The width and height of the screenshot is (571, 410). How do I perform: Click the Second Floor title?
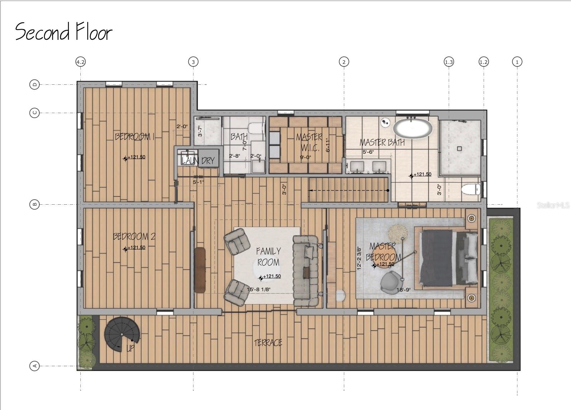point(64,32)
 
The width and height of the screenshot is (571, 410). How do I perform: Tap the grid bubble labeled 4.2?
point(81,62)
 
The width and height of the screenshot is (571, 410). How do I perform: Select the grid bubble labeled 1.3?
point(449,62)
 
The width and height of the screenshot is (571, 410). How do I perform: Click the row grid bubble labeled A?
point(34,366)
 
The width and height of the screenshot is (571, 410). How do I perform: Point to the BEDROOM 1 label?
point(135,137)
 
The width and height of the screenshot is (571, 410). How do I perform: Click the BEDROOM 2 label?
point(134,237)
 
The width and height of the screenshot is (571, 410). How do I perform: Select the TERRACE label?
point(268,343)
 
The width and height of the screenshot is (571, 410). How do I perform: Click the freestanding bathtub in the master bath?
point(412,128)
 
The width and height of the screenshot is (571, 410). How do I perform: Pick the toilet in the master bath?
point(471,189)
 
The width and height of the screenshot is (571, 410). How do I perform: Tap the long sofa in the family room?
point(306,271)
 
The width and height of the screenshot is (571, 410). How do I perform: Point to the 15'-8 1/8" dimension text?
point(259,289)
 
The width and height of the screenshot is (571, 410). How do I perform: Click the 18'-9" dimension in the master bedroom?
point(404,290)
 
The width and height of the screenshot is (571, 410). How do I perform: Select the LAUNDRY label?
point(198,161)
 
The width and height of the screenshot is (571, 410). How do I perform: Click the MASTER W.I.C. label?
point(309,142)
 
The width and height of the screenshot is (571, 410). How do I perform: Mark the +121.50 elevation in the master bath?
point(422,174)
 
